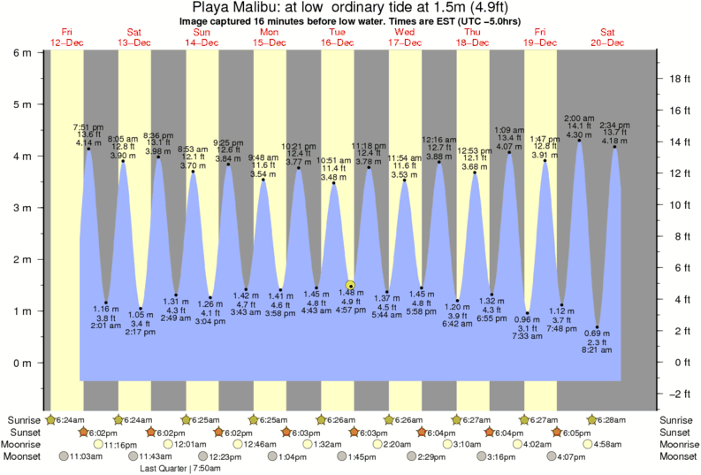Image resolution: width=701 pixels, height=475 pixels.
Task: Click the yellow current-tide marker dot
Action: coord(351,285)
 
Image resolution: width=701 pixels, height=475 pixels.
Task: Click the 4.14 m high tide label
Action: coord(88,142)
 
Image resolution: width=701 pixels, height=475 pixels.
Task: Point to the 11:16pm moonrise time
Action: coord(121,444)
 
